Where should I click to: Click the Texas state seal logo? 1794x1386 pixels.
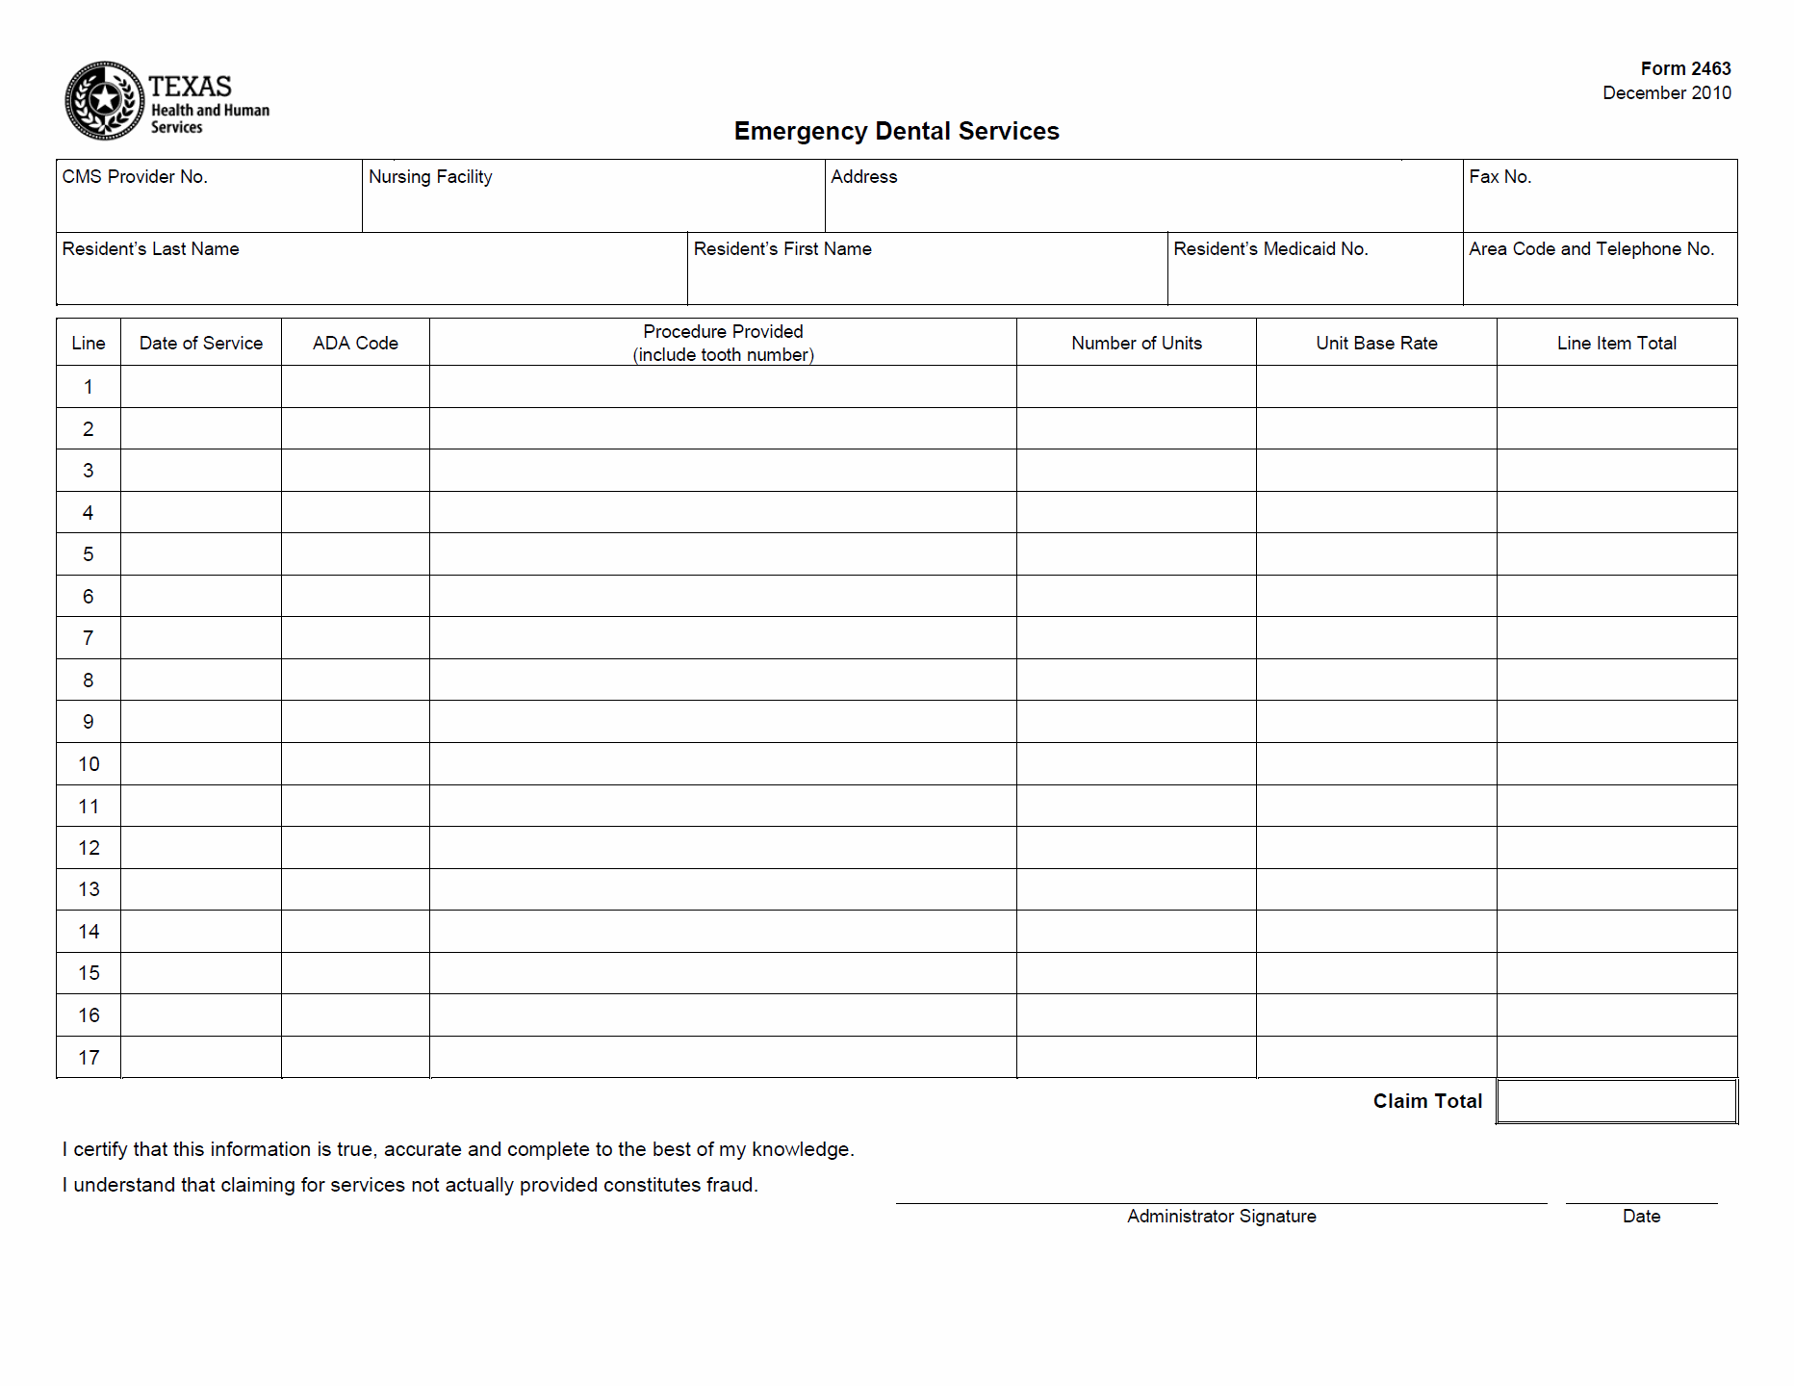pos(104,100)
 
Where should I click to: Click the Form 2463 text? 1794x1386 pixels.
pos(1685,68)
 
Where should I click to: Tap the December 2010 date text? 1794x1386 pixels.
pos(1666,93)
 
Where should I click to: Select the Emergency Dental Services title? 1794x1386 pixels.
pos(896,131)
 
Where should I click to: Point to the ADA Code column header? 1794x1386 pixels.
pos(355,343)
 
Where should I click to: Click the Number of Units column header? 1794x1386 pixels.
pos(1136,343)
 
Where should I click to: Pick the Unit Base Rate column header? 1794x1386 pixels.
pos(1376,343)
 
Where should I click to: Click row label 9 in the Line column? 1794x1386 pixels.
pos(89,722)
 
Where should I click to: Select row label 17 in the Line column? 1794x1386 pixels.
pos(89,1058)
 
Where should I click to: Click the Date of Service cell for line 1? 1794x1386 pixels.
pos(201,387)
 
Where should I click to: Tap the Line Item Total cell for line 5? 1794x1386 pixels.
pos(1617,554)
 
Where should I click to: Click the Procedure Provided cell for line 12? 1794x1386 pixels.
pos(723,848)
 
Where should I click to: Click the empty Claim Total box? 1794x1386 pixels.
pos(1617,1101)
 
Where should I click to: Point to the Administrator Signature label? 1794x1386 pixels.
pos(1221,1217)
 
